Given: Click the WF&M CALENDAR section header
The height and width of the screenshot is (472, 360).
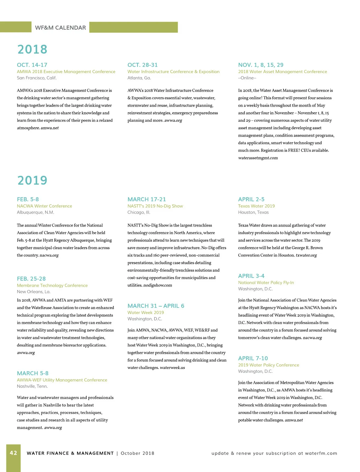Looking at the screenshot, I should pos(60,28).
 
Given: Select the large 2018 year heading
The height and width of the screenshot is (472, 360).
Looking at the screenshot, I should pos(32,49).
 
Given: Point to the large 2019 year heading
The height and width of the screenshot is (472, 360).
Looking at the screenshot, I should pos(32,180).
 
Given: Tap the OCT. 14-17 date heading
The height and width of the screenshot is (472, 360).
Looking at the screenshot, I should pos(32,65).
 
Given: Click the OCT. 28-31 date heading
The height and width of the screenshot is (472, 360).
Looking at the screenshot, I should pos(142,65).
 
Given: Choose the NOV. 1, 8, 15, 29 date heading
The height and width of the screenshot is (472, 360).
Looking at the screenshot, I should pos(261,65).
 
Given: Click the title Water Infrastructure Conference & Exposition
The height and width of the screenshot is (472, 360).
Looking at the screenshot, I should pos(173,72).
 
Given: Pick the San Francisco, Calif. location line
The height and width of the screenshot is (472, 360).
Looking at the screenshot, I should pos(37,78).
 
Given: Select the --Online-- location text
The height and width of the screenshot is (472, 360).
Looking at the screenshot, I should pos(247,78).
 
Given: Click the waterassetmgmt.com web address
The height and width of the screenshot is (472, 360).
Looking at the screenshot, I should pos(258,158).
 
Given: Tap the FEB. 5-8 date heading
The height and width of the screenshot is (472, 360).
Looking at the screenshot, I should pos(28,199).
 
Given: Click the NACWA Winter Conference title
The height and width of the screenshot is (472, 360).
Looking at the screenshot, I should pos(44,206).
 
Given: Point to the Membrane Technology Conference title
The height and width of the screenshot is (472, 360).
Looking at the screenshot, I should pos(52,285).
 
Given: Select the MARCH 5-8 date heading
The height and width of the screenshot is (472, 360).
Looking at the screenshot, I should pos(33,373).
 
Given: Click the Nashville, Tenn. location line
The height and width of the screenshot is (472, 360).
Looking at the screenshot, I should pos(32,386).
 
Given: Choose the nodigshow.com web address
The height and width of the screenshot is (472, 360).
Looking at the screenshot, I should pos(157,285).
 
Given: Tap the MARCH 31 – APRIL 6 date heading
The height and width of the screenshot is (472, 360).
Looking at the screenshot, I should pos(156,306).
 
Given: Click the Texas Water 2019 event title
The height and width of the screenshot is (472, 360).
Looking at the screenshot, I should pos(256,206).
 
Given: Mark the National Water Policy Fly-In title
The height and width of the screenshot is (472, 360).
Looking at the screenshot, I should pos(266,282).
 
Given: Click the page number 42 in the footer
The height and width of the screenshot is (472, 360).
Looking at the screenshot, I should pos(13,453).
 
